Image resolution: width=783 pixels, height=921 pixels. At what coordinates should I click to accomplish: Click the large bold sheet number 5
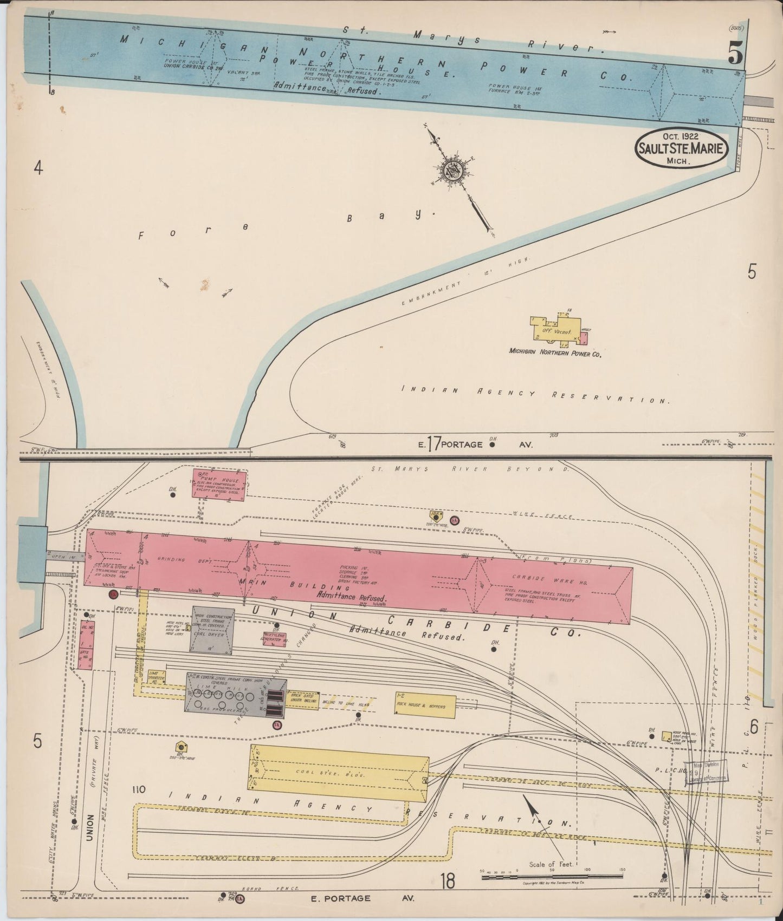(735, 53)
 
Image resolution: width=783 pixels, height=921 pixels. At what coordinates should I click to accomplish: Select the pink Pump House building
(219, 483)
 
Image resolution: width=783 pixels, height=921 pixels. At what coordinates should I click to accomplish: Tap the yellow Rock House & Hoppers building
(425, 706)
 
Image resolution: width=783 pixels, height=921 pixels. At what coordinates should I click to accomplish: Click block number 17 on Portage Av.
(433, 444)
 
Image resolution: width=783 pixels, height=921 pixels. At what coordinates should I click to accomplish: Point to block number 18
(448, 882)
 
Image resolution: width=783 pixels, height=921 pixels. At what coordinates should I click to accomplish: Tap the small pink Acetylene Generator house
(275, 639)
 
